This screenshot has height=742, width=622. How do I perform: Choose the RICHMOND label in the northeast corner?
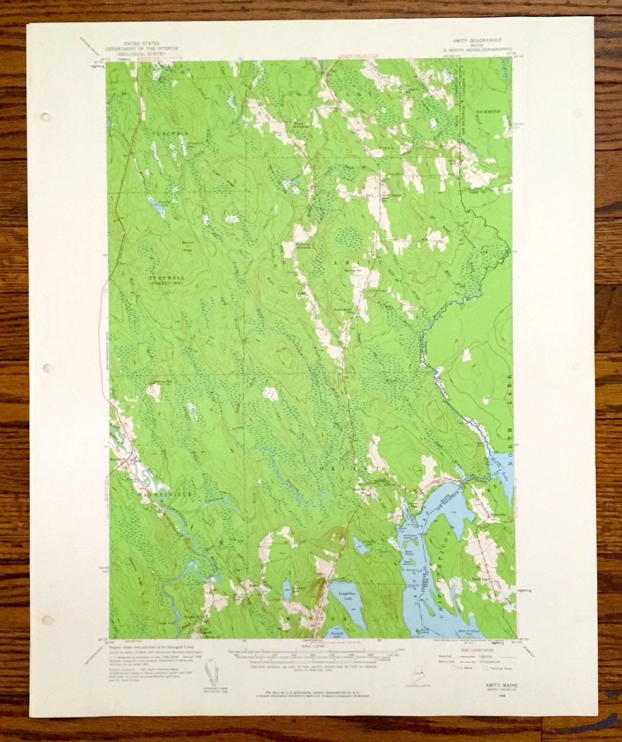(488, 111)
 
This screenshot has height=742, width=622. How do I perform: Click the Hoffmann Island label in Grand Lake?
(409, 536)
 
